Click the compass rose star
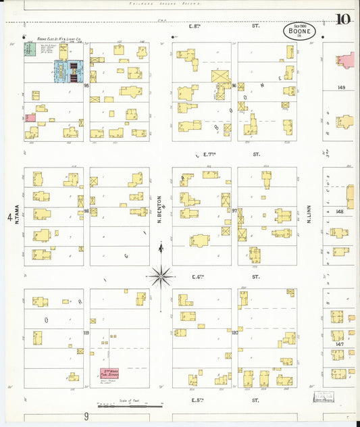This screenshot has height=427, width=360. coord(161,275)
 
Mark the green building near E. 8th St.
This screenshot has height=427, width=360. coord(30,49)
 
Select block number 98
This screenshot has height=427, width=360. coord(86,211)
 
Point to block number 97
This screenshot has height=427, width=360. coord(234,211)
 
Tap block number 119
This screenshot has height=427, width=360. coord(86,333)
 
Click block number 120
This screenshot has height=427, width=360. coord(235,333)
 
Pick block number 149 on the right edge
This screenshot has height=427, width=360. coord(340,87)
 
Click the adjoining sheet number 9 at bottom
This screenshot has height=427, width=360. coord(86,417)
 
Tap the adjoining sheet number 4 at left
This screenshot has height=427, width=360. coord(9,218)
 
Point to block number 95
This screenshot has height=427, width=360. coord(86,86)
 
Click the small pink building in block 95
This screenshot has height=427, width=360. coord(30,118)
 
